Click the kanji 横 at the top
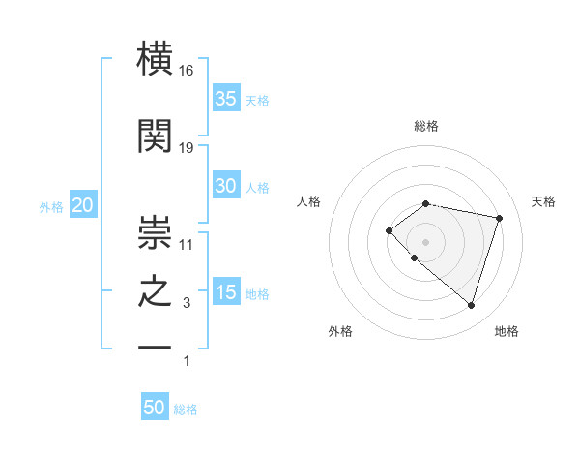click(155, 61)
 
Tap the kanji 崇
click(155, 228)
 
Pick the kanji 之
click(155, 293)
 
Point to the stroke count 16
click(187, 72)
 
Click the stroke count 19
click(187, 148)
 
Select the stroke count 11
click(187, 244)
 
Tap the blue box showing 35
click(226, 99)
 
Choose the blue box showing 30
click(226, 186)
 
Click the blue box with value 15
click(226, 292)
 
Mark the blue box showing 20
click(83, 205)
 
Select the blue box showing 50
click(155, 408)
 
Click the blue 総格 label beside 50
click(186, 409)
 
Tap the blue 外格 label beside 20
click(51, 207)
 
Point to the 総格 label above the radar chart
click(426, 126)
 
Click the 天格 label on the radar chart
click(544, 201)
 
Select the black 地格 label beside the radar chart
click(507, 331)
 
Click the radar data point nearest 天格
click(499, 218)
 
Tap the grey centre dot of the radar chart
click(425, 241)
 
